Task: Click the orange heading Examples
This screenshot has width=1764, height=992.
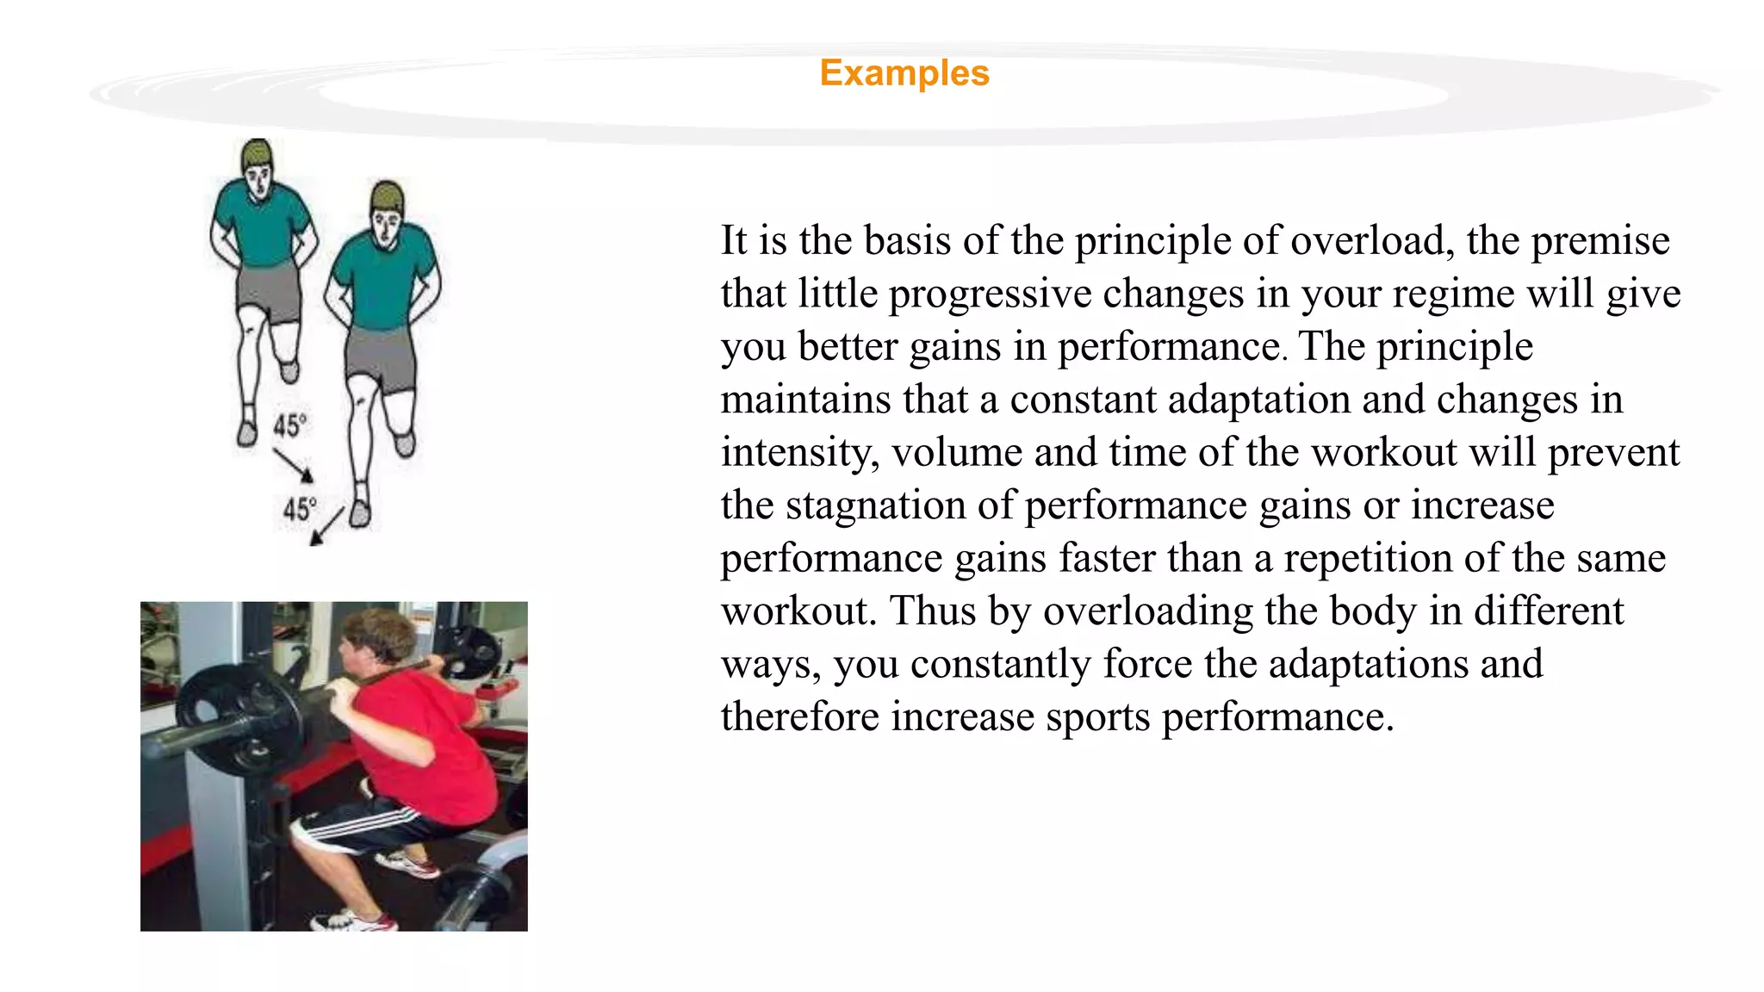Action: [x=904, y=73]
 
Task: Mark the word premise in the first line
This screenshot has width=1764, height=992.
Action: [x=1599, y=240]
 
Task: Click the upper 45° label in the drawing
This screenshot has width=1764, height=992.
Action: [x=290, y=425]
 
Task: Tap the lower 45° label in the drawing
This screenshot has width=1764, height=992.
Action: [x=300, y=509]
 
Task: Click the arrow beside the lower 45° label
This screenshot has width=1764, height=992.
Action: [x=327, y=525]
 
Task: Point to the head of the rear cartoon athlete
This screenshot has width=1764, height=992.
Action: [x=257, y=169]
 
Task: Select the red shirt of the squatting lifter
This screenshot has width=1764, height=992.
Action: [x=422, y=741]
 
